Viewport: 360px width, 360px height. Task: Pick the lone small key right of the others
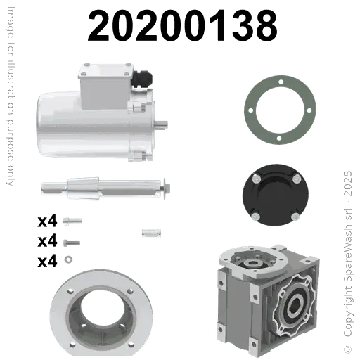pos(148,231)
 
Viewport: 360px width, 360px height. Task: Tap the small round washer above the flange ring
pos(68,259)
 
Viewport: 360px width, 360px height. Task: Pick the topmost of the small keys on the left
pos(69,219)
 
